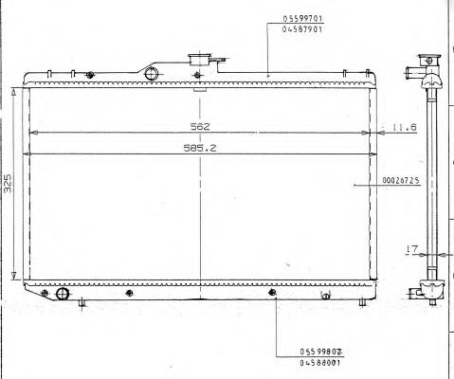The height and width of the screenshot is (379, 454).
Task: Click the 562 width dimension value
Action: coord(200,127)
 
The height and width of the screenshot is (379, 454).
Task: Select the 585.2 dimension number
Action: coord(200,148)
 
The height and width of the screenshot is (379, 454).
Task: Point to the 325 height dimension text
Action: coord(8,183)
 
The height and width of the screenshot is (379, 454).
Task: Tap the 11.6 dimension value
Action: coord(405,127)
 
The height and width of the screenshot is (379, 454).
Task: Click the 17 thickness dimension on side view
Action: coord(411,249)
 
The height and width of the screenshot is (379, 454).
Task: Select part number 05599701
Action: coord(302,18)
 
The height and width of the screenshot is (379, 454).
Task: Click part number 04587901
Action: coord(302,29)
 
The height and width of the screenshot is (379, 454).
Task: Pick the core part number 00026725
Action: coord(401,180)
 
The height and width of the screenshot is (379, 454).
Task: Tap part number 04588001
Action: coord(319,363)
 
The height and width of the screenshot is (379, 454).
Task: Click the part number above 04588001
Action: coord(321,352)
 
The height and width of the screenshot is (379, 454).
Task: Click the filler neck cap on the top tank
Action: coord(200,60)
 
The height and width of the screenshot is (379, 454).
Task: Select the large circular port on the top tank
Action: coord(151,73)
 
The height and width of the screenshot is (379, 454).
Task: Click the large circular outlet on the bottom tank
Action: coord(63,294)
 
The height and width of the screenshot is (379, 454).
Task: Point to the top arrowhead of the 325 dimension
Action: coord(13,92)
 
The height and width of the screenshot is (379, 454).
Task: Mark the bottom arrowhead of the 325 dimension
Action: coord(13,276)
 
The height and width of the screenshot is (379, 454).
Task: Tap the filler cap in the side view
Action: coord(429,60)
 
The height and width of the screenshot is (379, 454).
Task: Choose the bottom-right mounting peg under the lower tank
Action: coord(363,302)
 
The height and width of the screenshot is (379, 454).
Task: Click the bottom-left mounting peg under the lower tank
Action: coord(82,303)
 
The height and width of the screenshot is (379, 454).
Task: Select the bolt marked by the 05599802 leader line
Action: coord(272,293)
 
